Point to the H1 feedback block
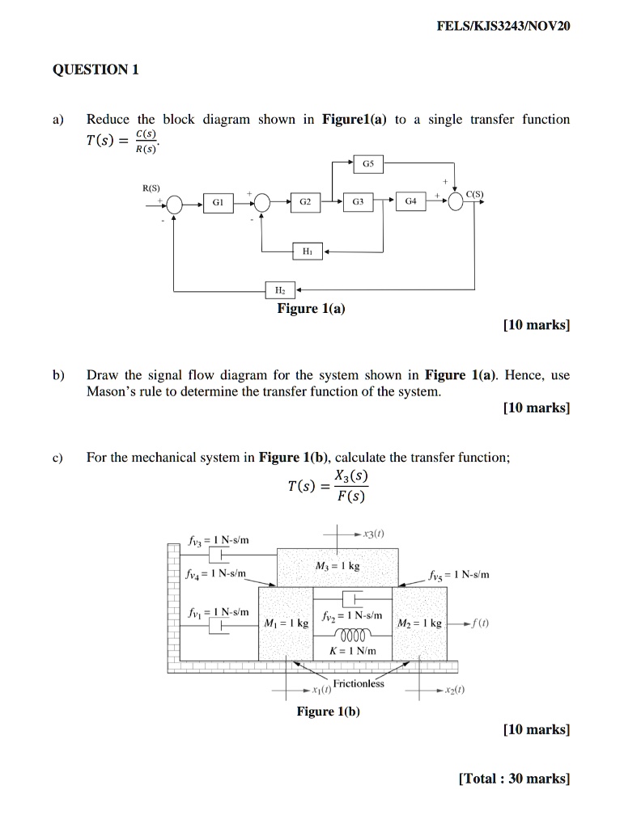coord(306,252)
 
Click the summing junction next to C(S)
coord(456,203)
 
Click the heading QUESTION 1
coord(96,70)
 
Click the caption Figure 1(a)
coord(311,308)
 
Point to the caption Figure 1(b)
coord(328,711)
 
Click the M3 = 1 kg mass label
coord(337,566)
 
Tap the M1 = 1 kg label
coord(287,624)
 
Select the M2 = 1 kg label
coord(418,624)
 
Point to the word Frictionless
coord(359,683)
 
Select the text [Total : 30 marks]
coord(514,779)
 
